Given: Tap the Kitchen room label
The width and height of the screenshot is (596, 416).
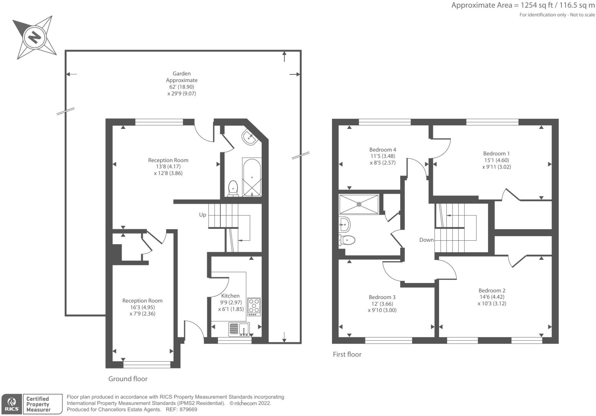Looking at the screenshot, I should pyautogui.click(x=230, y=296).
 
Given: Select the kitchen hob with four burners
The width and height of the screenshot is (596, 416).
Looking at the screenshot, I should pyautogui.click(x=254, y=306).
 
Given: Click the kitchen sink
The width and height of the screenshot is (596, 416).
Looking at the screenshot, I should pyautogui.click(x=239, y=329).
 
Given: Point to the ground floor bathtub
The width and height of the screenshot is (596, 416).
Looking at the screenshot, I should pyautogui.click(x=252, y=177).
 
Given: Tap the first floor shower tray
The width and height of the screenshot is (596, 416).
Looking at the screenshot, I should pyautogui.click(x=359, y=204).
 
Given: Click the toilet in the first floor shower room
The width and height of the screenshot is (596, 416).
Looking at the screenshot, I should pyautogui.click(x=347, y=240).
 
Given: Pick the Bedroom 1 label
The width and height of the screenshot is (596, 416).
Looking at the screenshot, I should pyautogui.click(x=496, y=153).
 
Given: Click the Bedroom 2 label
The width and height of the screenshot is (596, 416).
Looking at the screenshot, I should pyautogui.click(x=492, y=290).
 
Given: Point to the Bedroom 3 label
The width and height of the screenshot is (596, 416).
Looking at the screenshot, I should pyautogui.click(x=382, y=297).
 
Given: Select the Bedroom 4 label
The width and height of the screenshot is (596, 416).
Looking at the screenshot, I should pyautogui.click(x=383, y=150).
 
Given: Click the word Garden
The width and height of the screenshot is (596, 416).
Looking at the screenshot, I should pyautogui.click(x=182, y=74).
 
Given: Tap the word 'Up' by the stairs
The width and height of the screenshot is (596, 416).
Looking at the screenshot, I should pyautogui.click(x=202, y=215).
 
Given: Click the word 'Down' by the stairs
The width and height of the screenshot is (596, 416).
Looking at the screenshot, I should pyautogui.click(x=426, y=240).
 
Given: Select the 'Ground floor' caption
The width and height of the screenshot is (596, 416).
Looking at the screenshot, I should pyautogui.click(x=128, y=379).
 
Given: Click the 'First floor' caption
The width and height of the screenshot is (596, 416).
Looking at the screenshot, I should pyautogui.click(x=347, y=354).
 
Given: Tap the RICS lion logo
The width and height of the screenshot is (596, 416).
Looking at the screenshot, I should pyautogui.click(x=12, y=404).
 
